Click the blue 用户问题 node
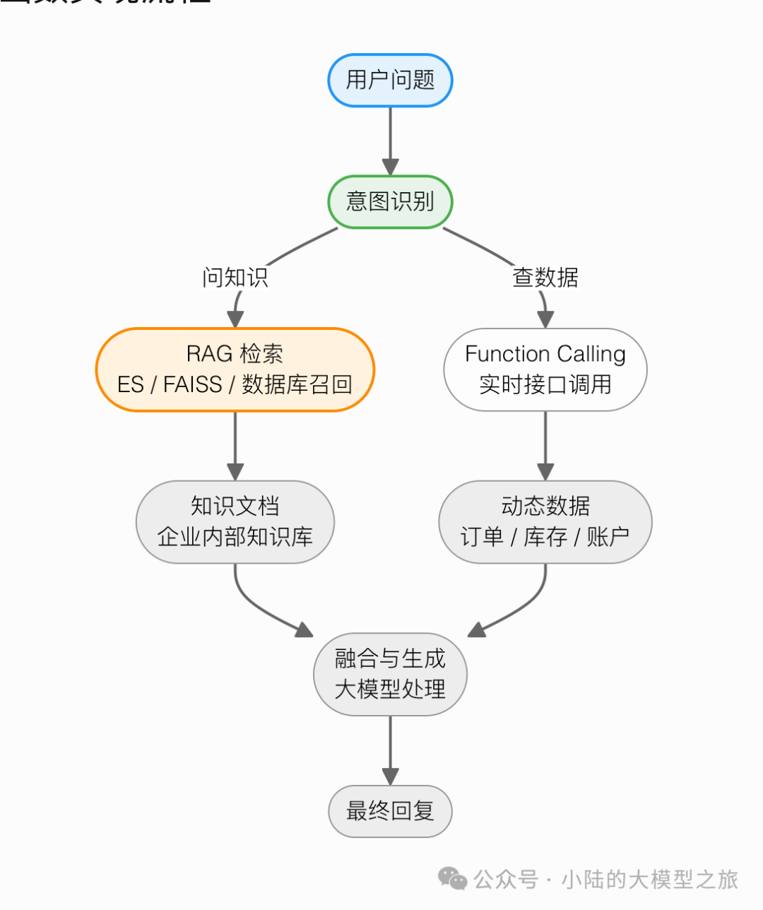390,81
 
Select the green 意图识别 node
390,202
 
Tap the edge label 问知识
235,277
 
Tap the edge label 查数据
545,277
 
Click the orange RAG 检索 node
235,369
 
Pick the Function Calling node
545,369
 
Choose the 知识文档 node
235,521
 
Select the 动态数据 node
545,521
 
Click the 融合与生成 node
390,674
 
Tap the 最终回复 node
390,810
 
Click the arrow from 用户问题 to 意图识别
390,141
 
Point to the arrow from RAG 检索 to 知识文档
235,445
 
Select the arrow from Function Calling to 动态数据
545,445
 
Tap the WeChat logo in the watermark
452,879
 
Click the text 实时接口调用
545,384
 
